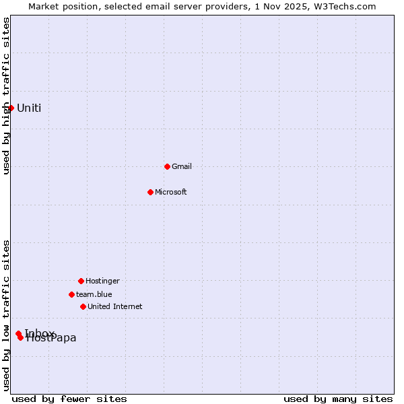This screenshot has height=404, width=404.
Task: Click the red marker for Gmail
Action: [167, 166]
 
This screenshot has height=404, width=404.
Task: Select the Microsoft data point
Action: [150, 192]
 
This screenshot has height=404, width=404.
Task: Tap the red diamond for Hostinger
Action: [81, 281]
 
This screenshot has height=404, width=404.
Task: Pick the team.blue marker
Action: [71, 294]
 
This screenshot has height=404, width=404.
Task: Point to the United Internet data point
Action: [83, 306]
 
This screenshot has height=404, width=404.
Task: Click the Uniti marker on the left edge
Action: [11, 108]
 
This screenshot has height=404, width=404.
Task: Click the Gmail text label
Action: [182, 166]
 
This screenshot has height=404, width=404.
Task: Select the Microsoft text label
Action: [171, 192]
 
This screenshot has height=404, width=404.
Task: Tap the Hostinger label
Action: [102, 281]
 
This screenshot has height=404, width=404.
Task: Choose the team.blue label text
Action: [94, 294]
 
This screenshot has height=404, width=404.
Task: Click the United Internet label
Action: [115, 306]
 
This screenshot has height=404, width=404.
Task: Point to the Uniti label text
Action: [29, 108]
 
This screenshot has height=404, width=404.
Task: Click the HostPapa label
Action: [51, 338]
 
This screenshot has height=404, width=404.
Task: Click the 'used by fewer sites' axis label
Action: [69, 399]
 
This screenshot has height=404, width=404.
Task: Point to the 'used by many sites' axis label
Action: [338, 399]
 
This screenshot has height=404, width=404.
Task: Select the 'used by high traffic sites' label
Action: [6, 96]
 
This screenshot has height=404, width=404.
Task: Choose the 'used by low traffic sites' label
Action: [6, 315]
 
